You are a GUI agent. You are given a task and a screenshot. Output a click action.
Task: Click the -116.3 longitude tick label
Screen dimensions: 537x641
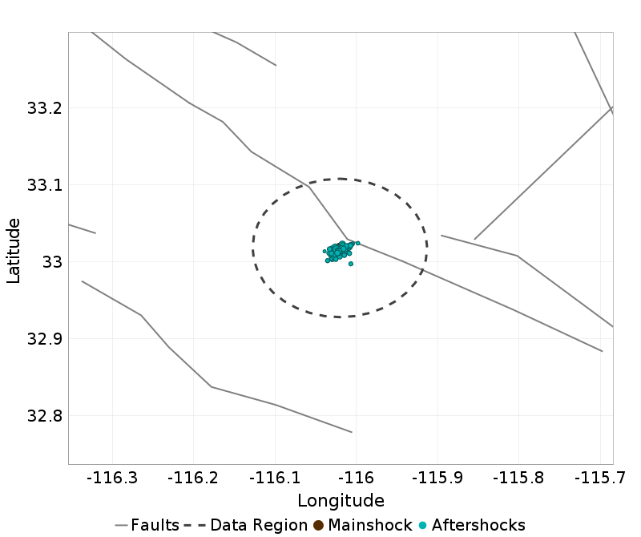tap(113, 478)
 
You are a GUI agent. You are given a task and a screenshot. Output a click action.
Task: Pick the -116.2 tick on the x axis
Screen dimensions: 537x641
tap(194, 478)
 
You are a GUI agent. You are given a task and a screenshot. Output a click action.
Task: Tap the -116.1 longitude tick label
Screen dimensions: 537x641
tap(275, 478)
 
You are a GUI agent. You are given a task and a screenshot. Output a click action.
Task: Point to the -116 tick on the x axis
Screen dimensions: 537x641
tap(356, 478)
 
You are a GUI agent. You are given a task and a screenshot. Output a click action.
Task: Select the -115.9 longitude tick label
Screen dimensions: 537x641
tap(437, 478)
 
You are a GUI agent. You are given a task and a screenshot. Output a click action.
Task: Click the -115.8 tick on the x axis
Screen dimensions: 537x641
tap(518, 478)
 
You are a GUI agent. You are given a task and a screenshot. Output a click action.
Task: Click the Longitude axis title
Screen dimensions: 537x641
tap(341, 501)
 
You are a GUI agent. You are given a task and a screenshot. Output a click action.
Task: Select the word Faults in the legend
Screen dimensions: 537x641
tap(155, 526)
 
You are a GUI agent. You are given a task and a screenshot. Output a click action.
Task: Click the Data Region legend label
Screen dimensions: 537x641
tap(259, 526)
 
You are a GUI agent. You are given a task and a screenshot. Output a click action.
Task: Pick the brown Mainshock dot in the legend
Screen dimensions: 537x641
tap(318, 526)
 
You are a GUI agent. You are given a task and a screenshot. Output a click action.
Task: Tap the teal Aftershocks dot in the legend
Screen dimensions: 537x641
tap(422, 526)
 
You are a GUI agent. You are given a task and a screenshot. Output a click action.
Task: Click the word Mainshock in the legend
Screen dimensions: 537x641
tap(369, 526)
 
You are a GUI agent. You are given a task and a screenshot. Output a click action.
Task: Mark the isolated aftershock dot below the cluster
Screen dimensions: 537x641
tap(351, 264)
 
